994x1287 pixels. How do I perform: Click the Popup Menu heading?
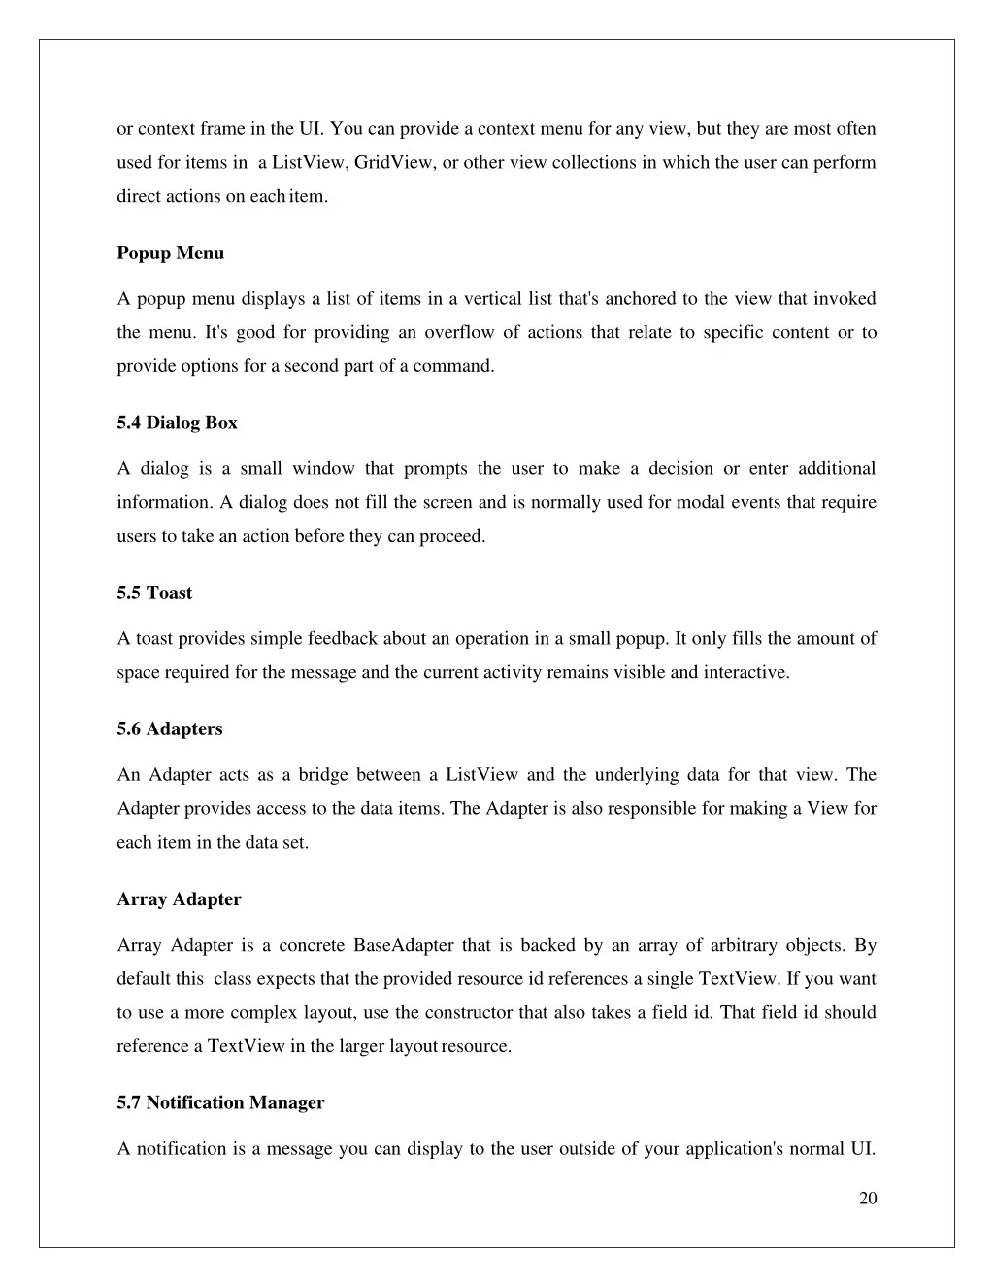point(170,254)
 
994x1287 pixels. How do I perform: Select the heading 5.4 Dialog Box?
point(177,423)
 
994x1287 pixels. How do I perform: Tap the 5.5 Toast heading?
point(154,593)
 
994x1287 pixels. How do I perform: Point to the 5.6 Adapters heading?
point(169,729)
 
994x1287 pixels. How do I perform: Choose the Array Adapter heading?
point(179,899)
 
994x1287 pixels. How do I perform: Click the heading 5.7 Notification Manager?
point(220,1103)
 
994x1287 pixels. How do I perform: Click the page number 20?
point(868,1199)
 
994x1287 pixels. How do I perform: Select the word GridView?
point(394,163)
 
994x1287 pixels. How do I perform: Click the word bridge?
point(322,775)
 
